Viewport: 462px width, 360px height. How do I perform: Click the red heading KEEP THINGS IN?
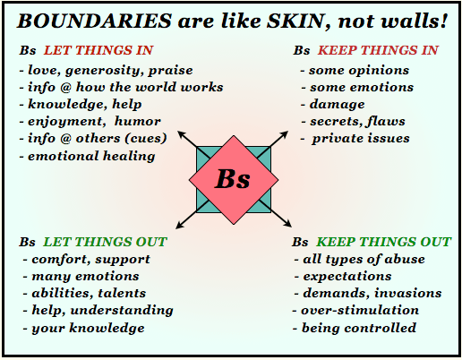pyautogui.click(x=379, y=52)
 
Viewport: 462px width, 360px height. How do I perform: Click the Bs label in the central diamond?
pyautogui.click(x=233, y=177)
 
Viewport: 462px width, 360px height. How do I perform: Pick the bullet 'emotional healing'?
pyautogui.click(x=89, y=156)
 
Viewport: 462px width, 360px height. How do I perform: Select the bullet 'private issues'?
pyautogui.click(x=361, y=139)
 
